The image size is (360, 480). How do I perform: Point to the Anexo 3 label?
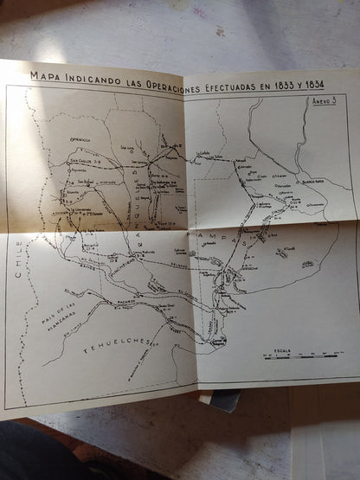click(x=325, y=101)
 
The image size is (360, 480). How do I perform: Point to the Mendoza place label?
click(x=80, y=138)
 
